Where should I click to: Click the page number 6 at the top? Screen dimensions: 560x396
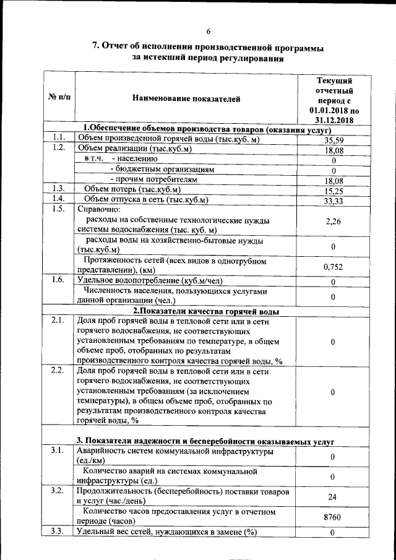click(209, 32)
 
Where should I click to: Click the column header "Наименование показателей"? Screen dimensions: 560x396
click(186, 98)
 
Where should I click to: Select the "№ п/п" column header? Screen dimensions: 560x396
click(59, 98)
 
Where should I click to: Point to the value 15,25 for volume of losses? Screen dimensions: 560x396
click(333, 191)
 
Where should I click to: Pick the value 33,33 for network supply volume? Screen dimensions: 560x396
click(333, 201)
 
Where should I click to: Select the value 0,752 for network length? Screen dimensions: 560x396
click(333, 267)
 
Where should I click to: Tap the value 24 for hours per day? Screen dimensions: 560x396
click(333, 496)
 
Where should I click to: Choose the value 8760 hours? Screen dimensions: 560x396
click(333, 517)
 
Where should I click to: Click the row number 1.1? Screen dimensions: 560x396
click(58, 137)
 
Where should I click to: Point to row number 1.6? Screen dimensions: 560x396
click(58, 280)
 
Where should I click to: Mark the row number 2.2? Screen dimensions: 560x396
click(58, 371)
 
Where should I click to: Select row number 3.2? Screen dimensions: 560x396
click(58, 491)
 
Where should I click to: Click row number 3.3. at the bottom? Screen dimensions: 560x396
click(58, 532)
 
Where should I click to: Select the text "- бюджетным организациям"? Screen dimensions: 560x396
click(161, 168)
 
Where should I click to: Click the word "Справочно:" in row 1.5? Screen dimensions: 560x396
click(98, 209)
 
